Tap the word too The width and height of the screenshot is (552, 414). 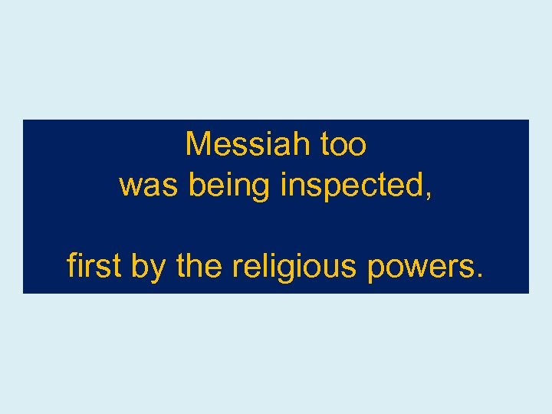pyautogui.click(x=342, y=144)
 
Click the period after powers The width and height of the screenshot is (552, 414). pyautogui.click(x=480, y=274)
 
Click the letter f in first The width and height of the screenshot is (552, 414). pyautogui.click(x=71, y=265)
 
